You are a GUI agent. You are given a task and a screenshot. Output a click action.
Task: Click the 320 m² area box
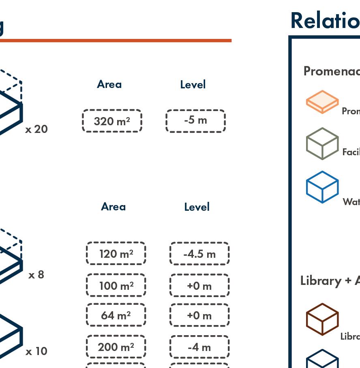point(112,121)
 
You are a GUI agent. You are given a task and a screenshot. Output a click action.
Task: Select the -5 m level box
point(195,121)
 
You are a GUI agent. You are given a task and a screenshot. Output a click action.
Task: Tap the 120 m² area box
point(116,254)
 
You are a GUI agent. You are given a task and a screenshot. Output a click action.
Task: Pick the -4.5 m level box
point(199,254)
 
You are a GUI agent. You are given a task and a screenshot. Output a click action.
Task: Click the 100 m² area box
point(116,285)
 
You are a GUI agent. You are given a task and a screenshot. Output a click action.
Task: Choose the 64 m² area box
point(116,315)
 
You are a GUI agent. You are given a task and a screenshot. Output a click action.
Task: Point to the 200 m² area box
point(116,347)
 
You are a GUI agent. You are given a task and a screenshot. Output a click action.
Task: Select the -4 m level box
point(199,347)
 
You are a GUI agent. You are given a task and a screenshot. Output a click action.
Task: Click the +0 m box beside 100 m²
point(199,285)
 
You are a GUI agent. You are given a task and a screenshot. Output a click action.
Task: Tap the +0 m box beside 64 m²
point(199,315)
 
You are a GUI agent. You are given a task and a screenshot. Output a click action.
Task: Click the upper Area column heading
point(109,84)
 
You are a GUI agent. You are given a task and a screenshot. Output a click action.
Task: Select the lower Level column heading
point(197,207)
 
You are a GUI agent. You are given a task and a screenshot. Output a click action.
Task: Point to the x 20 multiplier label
point(36,129)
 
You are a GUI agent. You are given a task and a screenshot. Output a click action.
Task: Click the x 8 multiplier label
point(36,275)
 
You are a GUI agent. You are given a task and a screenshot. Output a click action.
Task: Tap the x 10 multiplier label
point(36,351)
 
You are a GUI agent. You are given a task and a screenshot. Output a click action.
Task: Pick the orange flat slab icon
point(322,102)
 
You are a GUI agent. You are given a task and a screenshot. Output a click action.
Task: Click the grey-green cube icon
point(322,143)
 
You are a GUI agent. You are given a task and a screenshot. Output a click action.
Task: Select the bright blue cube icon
point(322,187)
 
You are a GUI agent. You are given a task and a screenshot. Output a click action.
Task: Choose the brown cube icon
point(322,319)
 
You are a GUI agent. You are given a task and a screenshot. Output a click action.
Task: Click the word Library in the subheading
point(321,280)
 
